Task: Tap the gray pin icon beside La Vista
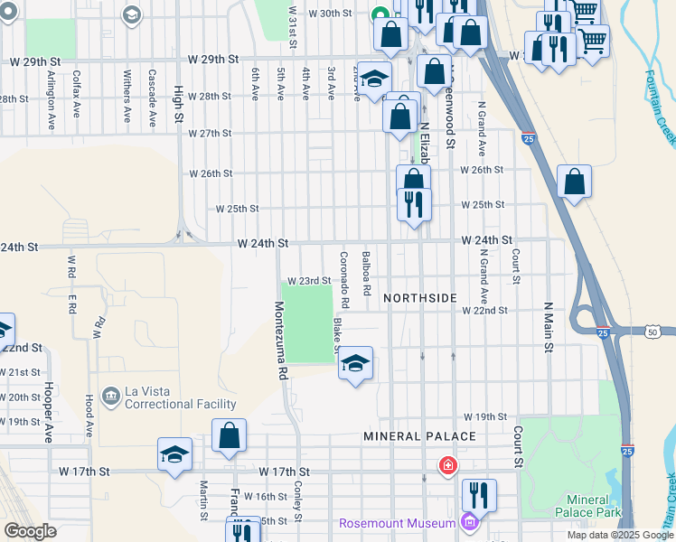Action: click(x=110, y=396)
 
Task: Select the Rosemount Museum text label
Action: click(x=398, y=524)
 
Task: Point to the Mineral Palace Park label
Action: click(x=594, y=506)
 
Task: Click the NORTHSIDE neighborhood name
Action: click(x=419, y=297)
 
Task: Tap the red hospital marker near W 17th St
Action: click(x=446, y=466)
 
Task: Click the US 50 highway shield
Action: click(x=653, y=332)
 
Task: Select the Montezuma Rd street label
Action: click(x=281, y=340)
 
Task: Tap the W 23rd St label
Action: click(x=310, y=281)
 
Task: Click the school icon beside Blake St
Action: click(x=356, y=363)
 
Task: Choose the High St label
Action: click(x=179, y=107)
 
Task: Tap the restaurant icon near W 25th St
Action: click(x=414, y=202)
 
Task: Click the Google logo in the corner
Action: click(x=30, y=531)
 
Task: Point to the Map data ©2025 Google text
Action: click(x=620, y=535)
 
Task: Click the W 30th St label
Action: click(x=329, y=14)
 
